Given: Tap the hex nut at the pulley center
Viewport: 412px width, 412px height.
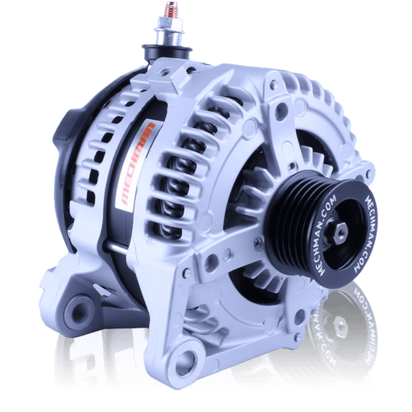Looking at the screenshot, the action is [x=339, y=231].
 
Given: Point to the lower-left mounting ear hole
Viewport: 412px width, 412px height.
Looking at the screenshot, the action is [x=80, y=311].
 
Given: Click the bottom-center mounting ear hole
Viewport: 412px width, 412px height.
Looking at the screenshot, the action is [x=187, y=359].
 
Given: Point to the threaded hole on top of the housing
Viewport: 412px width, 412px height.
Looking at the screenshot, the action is [x=164, y=72].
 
